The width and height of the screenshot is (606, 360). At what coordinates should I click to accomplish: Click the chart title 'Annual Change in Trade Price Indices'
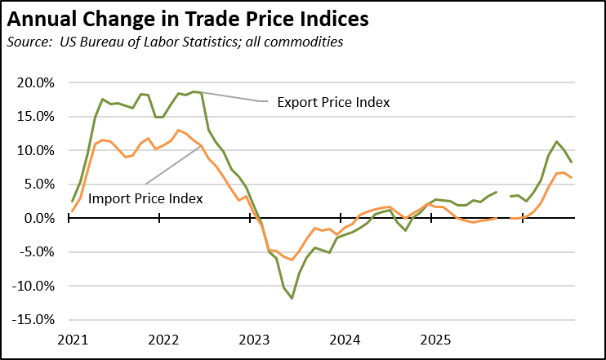(x=188, y=19)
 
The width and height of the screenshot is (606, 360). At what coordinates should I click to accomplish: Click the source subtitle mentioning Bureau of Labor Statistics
(x=175, y=42)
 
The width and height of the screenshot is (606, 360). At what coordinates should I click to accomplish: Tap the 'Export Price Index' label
(x=333, y=102)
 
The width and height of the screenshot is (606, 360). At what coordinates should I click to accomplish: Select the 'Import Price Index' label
(x=145, y=198)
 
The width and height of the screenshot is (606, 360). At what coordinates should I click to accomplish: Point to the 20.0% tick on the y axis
(x=36, y=82)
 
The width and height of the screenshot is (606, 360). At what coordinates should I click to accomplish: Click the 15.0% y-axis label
(x=36, y=117)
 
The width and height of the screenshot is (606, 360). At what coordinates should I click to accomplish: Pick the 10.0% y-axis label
(x=36, y=151)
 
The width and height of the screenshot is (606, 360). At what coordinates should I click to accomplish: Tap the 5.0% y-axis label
(x=39, y=184)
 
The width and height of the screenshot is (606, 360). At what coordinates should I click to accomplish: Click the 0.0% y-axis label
(x=39, y=218)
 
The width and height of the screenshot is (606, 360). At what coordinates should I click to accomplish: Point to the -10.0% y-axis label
(x=33, y=287)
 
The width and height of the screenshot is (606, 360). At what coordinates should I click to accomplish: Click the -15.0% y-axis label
(x=33, y=320)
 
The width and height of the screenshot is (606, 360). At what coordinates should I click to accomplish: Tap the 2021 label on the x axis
(x=73, y=340)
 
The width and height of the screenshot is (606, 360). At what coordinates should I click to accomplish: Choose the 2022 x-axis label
(x=163, y=340)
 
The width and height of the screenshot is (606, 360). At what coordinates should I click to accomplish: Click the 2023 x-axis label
(x=254, y=340)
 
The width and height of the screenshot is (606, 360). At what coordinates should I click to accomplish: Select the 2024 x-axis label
(x=345, y=340)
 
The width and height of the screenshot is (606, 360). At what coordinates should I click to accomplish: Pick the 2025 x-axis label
(x=435, y=340)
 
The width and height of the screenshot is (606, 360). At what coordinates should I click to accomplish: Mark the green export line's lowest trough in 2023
(x=292, y=298)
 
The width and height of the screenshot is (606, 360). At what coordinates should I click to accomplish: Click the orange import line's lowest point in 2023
(x=292, y=260)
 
